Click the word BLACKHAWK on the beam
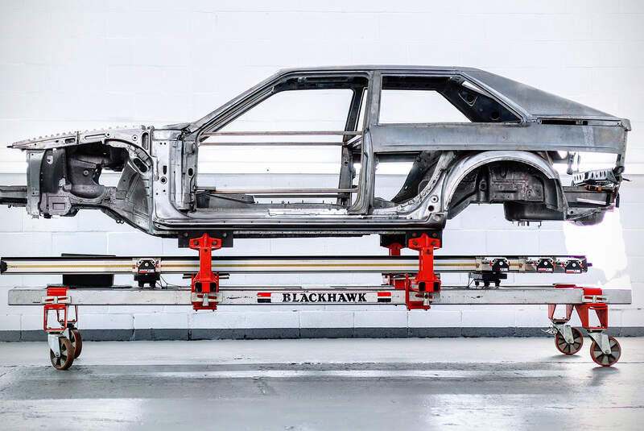[x=324, y=297]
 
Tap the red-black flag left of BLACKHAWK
[x=264, y=297]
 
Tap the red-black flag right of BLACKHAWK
[x=384, y=297]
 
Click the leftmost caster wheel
[x=63, y=353]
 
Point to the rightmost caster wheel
[x=605, y=351]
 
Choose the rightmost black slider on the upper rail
[x=574, y=265]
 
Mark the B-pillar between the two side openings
[x=371, y=121]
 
